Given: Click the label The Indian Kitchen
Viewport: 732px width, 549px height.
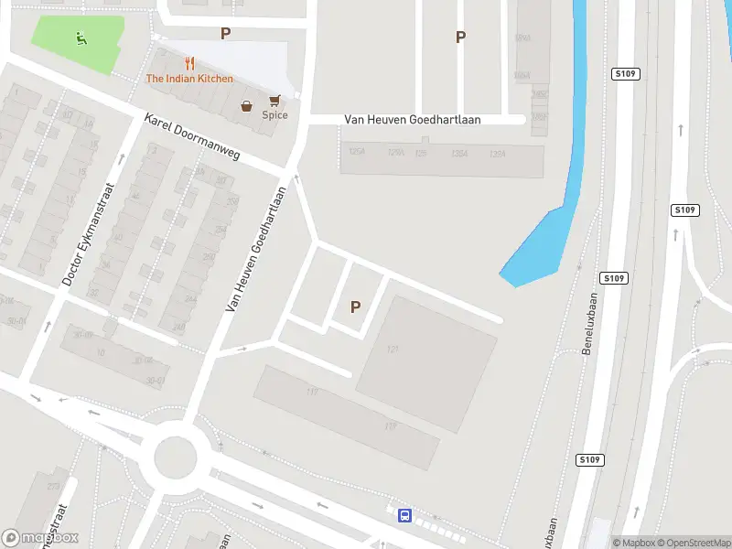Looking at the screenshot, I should coord(189,79).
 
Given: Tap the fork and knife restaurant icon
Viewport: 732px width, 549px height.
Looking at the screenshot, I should coord(189,63).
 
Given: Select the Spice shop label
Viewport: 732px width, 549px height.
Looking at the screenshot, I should coord(274,115).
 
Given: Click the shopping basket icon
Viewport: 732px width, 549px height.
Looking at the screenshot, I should coord(247,106).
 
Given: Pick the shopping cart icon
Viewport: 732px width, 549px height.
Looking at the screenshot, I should coord(274,100).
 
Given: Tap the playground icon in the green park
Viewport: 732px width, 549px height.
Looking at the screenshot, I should coord(81,38).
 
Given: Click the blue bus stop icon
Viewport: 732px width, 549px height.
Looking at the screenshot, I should coord(404,516).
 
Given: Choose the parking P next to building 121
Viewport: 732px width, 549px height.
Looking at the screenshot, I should coord(355,308).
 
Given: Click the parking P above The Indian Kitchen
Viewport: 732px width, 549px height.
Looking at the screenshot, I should coord(225,34).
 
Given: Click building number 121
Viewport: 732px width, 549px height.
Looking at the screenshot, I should coord(393,349).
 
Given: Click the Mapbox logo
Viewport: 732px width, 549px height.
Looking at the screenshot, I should coord(40,538).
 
